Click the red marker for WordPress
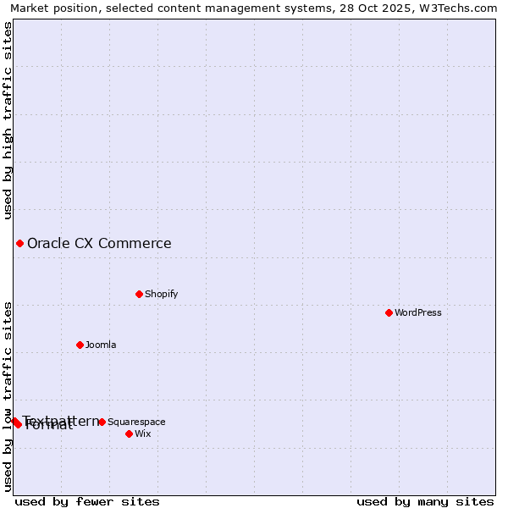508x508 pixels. [389, 312]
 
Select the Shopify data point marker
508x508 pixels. [139, 294]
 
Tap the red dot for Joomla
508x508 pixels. [80, 345]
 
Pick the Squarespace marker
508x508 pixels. [102, 422]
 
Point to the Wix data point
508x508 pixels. [129, 433]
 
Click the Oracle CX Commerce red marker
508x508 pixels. [19, 244]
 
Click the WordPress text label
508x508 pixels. [418, 312]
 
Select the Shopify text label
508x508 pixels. [161, 294]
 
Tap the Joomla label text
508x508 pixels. [101, 345]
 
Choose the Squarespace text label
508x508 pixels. [136, 422]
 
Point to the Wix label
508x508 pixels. [143, 433]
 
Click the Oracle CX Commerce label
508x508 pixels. [99, 244]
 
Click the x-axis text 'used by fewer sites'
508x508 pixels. [87, 501]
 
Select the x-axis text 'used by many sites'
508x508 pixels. [425, 501]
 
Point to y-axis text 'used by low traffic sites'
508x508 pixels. [8, 396]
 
